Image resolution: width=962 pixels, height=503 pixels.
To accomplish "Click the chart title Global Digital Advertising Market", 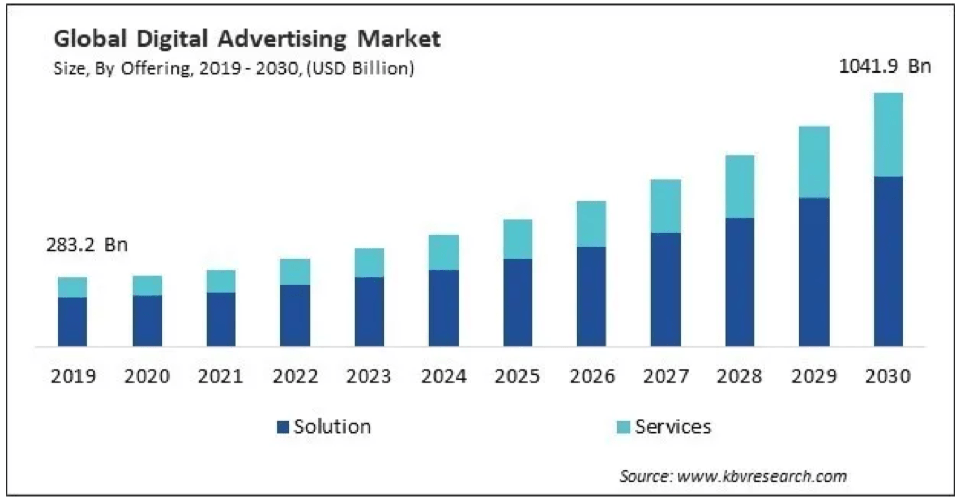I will [247, 39].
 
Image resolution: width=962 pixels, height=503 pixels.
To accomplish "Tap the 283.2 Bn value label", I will [87, 245].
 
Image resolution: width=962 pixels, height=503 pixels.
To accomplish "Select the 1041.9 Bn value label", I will [885, 66].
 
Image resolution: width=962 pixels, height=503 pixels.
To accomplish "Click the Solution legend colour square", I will [283, 427].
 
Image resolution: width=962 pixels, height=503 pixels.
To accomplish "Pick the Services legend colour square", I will [624, 427].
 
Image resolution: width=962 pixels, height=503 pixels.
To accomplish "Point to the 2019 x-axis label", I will [73, 376].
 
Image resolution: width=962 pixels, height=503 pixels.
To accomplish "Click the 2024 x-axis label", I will [443, 376].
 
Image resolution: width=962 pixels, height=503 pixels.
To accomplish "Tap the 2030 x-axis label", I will [887, 376].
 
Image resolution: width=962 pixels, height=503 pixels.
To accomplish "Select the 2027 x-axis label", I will [666, 376].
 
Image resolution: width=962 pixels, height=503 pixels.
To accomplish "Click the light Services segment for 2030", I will [888, 134].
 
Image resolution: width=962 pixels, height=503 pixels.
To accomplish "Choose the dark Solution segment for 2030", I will [888, 261].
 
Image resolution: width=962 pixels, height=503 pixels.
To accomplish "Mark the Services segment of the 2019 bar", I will [73, 287].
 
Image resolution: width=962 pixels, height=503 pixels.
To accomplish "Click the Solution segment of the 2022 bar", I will [295, 316].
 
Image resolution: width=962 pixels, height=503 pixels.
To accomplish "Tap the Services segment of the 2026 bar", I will [591, 223].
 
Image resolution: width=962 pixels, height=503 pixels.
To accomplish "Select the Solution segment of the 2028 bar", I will [740, 282].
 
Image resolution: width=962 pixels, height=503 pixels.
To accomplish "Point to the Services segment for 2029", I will [814, 162].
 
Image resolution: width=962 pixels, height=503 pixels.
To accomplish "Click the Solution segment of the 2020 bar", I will [147, 321].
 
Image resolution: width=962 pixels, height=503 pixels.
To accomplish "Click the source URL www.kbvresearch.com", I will [762, 476].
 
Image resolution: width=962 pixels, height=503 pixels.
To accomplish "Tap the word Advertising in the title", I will [282, 39].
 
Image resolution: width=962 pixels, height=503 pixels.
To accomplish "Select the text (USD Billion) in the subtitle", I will [360, 68].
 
